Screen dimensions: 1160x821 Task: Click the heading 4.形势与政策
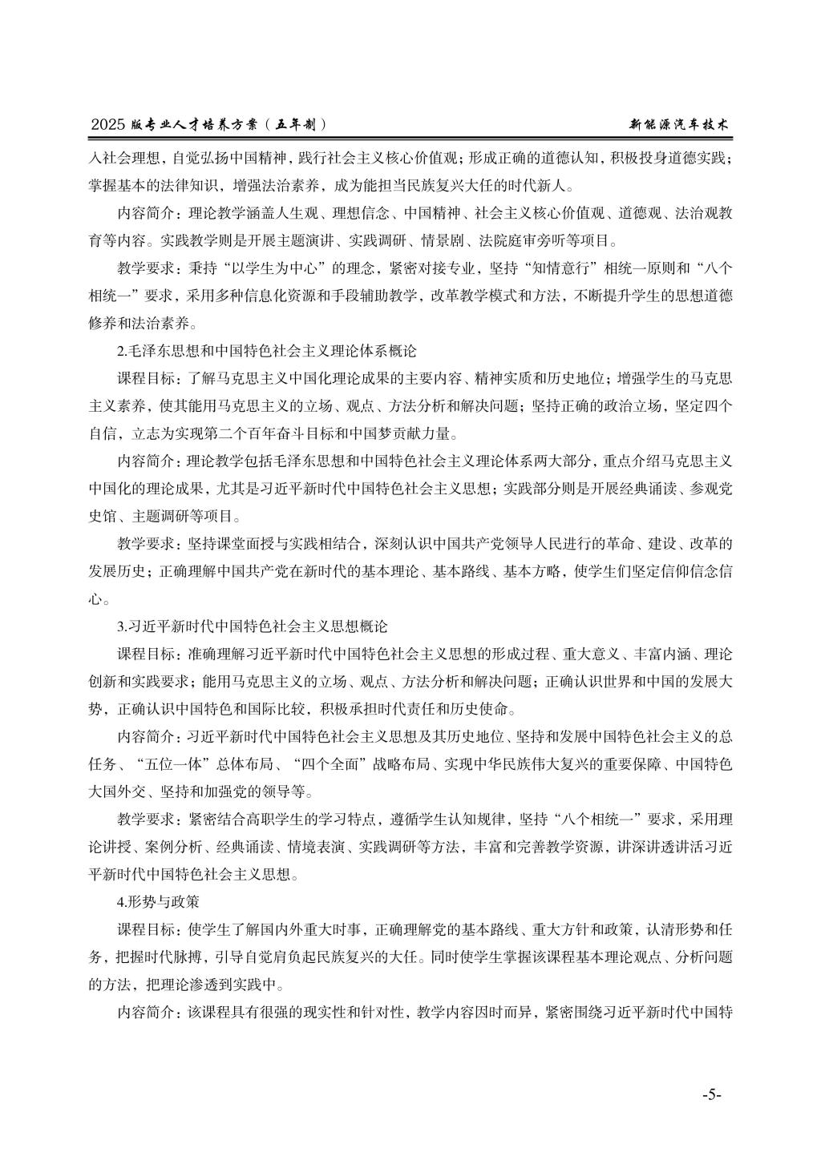pos(157,900)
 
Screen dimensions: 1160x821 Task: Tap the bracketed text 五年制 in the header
pos(301,125)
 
